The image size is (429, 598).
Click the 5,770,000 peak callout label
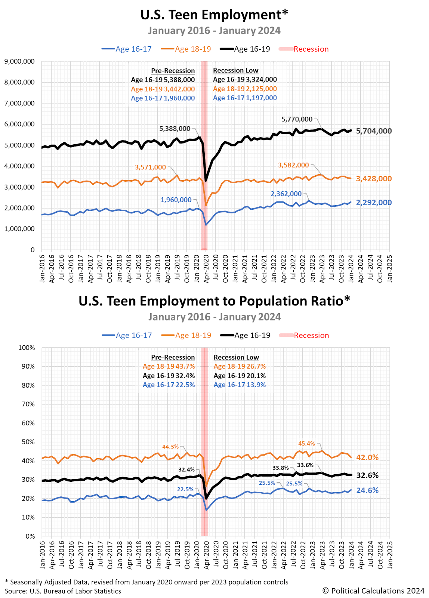[297, 119]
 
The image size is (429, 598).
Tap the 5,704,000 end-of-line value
[374, 131]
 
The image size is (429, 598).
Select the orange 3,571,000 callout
[150, 167]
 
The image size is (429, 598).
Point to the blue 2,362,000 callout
[286, 194]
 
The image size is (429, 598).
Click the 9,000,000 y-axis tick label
[19, 61]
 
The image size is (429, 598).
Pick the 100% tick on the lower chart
[27, 348]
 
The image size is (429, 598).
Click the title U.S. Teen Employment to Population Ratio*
[214, 301]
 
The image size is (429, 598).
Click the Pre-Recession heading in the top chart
[173, 71]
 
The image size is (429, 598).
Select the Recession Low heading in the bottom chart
[236, 357]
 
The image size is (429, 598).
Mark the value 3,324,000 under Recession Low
[261, 80]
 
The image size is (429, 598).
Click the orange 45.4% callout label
[306, 444]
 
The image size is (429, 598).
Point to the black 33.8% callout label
[280, 468]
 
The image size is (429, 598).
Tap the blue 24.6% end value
[367, 490]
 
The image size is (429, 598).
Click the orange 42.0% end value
[367, 457]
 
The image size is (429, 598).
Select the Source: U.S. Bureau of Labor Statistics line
[63, 591]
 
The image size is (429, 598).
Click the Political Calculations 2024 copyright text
[373, 591]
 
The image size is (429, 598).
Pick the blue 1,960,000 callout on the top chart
[176, 200]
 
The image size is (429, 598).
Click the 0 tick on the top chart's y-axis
[33, 250]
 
